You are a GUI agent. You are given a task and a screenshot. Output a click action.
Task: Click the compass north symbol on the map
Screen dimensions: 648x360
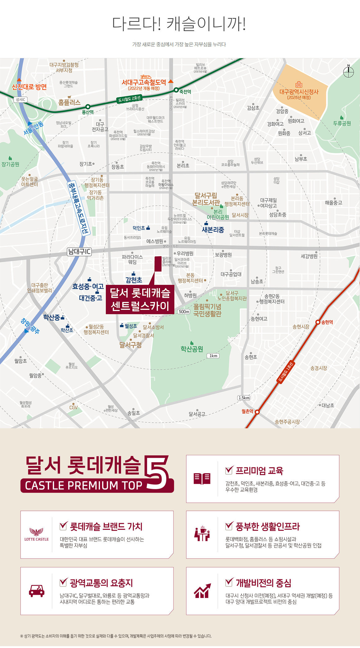click(349, 72)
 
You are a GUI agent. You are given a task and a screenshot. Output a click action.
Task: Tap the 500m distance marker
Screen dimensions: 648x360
click(184, 312)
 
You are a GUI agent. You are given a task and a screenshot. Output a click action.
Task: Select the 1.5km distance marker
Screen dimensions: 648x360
click(244, 398)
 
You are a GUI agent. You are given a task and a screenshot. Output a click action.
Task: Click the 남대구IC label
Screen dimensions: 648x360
click(79, 252)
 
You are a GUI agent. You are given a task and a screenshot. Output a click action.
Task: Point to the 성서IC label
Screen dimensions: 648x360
click(20, 100)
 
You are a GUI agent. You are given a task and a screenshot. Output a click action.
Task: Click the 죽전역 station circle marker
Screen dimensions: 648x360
click(176, 90)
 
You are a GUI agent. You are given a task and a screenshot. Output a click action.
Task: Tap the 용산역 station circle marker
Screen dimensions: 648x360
click(88, 107)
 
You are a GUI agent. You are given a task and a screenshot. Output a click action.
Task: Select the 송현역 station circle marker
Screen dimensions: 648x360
click(318, 322)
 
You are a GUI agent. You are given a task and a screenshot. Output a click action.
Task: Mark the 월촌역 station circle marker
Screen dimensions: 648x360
click(257, 412)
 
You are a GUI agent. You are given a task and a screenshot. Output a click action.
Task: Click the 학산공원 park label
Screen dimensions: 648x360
click(192, 349)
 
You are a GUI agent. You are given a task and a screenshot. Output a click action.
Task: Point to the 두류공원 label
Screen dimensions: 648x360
click(342, 123)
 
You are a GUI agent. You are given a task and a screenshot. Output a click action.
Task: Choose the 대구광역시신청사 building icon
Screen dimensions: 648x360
click(299, 84)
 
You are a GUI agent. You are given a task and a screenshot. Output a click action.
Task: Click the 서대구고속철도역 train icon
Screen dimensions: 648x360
click(145, 77)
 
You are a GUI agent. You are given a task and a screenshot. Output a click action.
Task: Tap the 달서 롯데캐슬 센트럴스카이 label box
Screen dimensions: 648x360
click(140, 299)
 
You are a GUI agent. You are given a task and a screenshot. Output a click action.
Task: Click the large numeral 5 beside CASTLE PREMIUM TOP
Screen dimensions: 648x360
click(157, 472)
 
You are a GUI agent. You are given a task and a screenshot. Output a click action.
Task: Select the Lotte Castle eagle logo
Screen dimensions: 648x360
click(36, 532)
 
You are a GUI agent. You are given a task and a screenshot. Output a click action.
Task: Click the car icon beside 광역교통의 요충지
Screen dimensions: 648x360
click(37, 591)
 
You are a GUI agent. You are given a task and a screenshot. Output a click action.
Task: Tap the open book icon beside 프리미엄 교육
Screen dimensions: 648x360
click(202, 479)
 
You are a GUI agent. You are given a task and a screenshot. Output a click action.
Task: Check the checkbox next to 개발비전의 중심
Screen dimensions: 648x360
click(229, 582)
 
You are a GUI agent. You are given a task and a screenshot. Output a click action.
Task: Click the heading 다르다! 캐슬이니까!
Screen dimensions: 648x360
click(179, 24)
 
